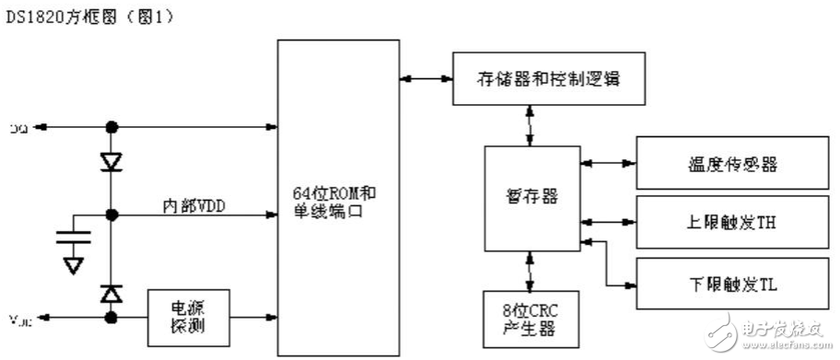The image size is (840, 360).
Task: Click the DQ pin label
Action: (17, 127)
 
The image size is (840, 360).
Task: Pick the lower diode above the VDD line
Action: (112, 294)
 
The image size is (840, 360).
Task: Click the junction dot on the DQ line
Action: (112, 127)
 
